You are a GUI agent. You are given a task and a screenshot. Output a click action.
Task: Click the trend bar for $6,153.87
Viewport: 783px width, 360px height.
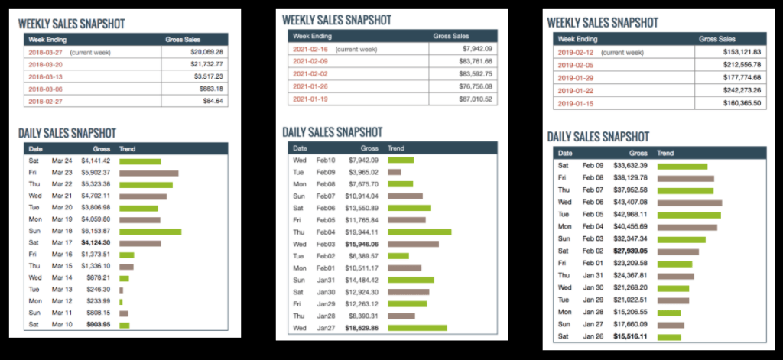150,232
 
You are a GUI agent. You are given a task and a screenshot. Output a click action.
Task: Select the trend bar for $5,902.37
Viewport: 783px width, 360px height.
148,174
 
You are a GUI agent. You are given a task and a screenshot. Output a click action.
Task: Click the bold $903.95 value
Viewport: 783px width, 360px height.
98,324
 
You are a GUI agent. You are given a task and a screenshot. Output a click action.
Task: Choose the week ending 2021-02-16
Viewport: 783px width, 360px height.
310,48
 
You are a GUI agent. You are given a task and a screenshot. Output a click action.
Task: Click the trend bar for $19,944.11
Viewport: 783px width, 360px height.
419,232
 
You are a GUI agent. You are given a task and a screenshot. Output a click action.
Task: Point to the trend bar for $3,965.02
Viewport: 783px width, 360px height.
395,172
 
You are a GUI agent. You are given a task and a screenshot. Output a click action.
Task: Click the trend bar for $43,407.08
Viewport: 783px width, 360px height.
690,203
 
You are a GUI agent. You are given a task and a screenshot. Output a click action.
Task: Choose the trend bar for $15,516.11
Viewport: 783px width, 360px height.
669,337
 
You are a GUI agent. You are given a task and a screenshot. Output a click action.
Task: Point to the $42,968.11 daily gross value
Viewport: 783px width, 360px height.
627,215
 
